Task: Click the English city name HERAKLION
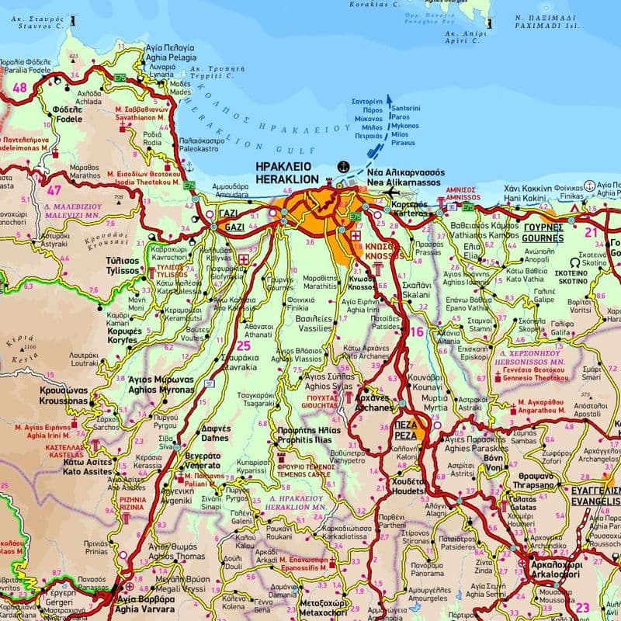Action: click(283, 179)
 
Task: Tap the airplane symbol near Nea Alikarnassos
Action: click(390, 192)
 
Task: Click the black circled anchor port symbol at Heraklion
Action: click(342, 166)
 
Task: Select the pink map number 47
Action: click(54, 189)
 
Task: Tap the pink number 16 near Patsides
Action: click(418, 331)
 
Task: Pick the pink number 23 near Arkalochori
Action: click(582, 607)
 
